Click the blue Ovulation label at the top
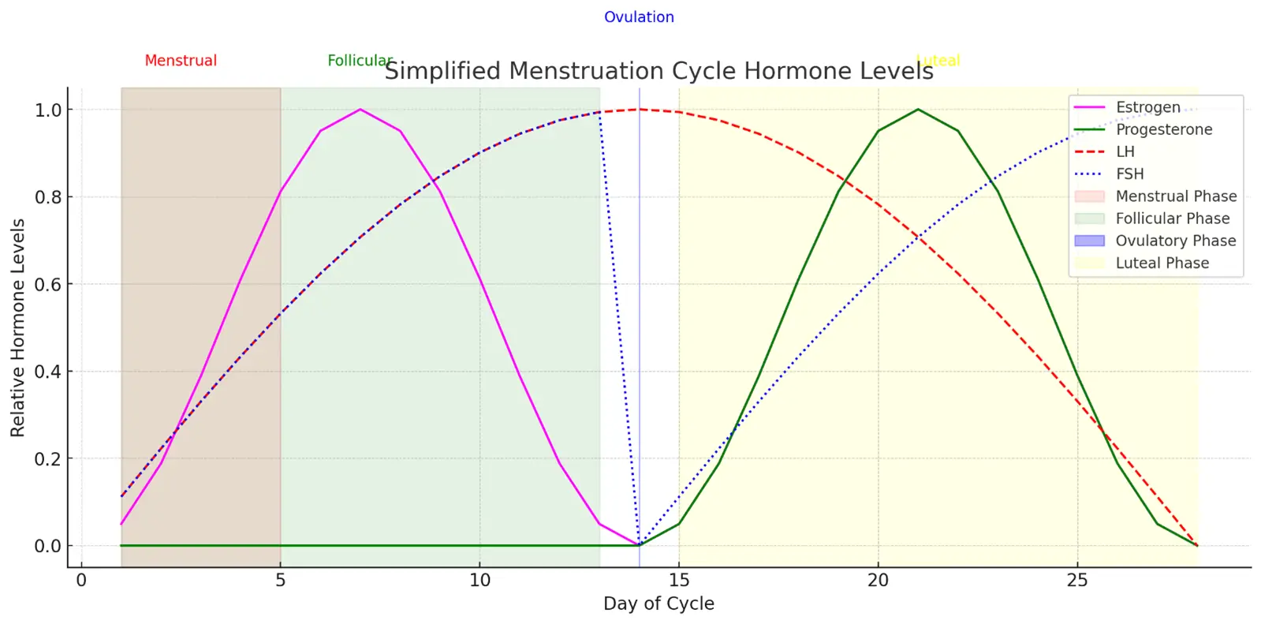(x=639, y=17)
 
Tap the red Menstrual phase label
(x=181, y=61)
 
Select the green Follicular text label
(x=359, y=61)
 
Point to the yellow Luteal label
(x=938, y=61)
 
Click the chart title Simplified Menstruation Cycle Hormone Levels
(x=658, y=71)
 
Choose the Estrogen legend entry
(x=1147, y=107)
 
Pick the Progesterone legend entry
(x=1163, y=129)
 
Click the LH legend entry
(x=1125, y=151)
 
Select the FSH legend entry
(x=1129, y=174)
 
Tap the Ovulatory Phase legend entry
(x=1175, y=241)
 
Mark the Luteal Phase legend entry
(x=1162, y=263)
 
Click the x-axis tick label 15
(x=678, y=581)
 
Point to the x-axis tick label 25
(x=1077, y=581)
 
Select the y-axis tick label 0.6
(x=48, y=285)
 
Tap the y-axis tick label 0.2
(x=48, y=459)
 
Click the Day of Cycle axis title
(x=658, y=603)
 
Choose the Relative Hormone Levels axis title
(x=18, y=327)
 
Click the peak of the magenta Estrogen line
(x=360, y=110)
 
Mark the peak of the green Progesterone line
(x=918, y=110)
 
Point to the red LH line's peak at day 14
(x=640, y=110)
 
